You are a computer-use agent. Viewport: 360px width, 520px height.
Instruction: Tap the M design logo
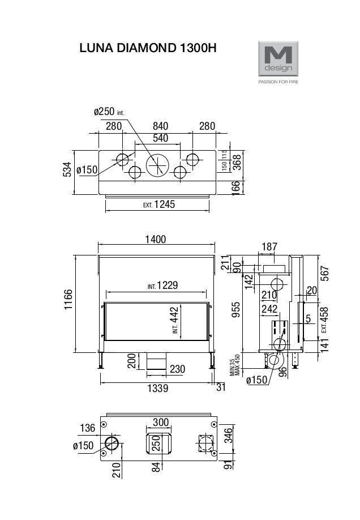(277, 58)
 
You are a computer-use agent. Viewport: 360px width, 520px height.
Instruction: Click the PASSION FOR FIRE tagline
(278, 82)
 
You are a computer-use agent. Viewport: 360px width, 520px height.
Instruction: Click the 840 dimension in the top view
(160, 126)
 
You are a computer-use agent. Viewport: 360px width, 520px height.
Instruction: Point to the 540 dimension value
(160, 138)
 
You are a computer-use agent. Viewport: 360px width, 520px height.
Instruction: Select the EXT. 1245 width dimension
(159, 204)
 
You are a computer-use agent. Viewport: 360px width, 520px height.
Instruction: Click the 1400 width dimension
(155, 240)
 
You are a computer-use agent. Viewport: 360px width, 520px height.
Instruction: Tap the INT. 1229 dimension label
(162, 285)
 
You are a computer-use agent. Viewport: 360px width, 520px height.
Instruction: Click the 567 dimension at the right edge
(324, 274)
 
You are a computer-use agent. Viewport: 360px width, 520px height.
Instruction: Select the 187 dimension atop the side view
(270, 246)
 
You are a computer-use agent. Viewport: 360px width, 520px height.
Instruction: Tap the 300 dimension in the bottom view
(161, 423)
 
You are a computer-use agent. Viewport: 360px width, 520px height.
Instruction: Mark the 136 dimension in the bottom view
(88, 428)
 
